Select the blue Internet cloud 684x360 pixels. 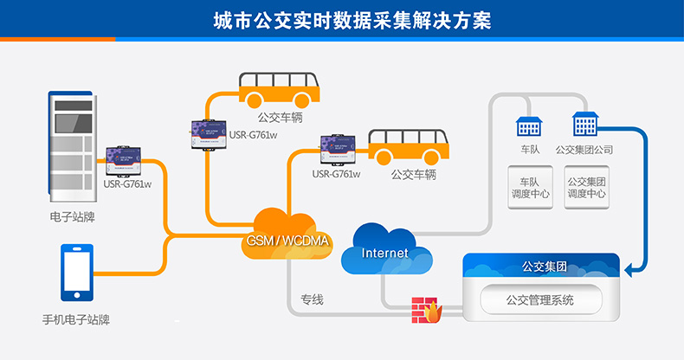click(x=385, y=250)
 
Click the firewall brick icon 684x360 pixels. click(x=426, y=309)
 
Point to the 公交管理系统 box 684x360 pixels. click(x=540, y=300)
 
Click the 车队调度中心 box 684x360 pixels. click(x=529, y=188)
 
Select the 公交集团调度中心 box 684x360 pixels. click(x=586, y=188)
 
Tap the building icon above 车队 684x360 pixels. click(x=528, y=126)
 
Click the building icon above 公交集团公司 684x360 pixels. click(x=585, y=125)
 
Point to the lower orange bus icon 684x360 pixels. click(x=408, y=148)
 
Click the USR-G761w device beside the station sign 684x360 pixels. click(x=126, y=161)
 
